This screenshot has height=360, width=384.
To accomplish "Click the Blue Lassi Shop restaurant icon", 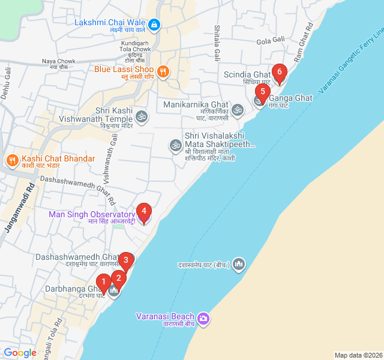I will coord(163,72).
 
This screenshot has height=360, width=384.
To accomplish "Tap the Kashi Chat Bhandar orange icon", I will coord(11,160).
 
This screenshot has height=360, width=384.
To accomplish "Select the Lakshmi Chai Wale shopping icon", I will coord(154,25).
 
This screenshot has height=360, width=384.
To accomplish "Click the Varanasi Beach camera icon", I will coord(203,317).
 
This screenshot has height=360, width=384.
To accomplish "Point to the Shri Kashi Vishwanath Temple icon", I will coord(141,116).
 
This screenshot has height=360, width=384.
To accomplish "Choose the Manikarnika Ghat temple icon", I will coord(238,110).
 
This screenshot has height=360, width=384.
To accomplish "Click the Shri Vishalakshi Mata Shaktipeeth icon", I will coord(175,145).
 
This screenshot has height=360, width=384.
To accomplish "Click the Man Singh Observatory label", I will coord(92,215).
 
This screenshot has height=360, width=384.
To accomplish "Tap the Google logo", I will coord(20,353).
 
